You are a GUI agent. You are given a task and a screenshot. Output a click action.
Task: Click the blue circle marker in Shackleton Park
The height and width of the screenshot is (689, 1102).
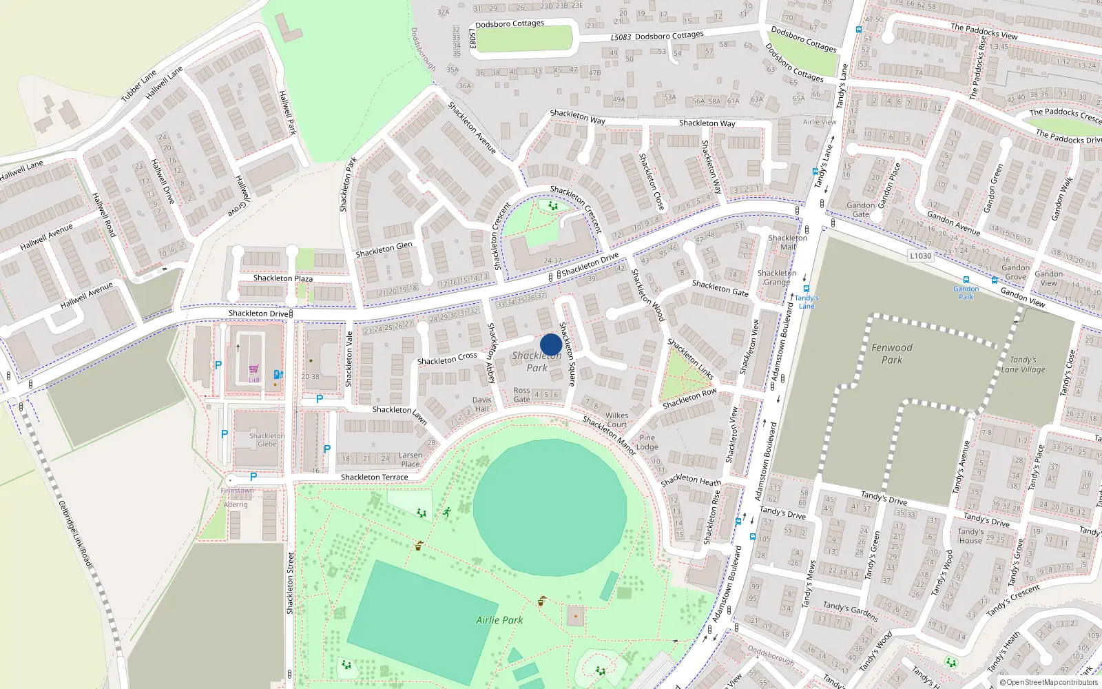[550, 344]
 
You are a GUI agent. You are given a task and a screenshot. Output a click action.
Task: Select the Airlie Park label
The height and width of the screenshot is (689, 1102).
[499, 620]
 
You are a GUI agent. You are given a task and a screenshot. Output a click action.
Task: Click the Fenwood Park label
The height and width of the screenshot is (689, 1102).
[891, 353]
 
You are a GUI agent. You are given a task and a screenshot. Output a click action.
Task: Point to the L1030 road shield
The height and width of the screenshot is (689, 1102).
[920, 256]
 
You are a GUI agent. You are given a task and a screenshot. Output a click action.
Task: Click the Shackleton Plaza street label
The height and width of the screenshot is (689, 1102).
[282, 278]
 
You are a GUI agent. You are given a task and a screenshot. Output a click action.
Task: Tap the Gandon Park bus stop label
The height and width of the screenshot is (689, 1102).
[966, 293]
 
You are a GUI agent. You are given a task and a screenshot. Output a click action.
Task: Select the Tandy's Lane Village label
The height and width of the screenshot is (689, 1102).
[1023, 364]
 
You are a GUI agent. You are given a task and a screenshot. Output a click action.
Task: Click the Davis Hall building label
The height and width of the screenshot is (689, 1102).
[482, 404]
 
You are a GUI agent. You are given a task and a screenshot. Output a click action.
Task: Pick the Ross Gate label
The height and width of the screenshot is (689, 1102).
[522, 395]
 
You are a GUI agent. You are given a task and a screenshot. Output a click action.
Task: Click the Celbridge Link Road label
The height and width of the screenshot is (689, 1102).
[74, 534]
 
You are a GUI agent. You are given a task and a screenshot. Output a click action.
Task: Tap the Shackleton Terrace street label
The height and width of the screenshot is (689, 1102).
[374, 477]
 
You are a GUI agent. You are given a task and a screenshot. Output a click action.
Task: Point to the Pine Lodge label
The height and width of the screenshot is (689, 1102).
[647, 442]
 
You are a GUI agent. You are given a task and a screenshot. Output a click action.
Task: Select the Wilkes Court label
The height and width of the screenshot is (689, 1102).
[616, 420]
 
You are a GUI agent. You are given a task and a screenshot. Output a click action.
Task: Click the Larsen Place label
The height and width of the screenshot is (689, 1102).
[410, 459]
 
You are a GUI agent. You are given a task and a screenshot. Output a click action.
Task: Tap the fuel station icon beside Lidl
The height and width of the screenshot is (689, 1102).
[278, 374]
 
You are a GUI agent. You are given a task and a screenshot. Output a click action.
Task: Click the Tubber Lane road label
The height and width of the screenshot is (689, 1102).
[138, 86]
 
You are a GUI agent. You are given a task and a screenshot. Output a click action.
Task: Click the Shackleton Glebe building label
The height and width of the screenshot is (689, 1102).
[267, 440]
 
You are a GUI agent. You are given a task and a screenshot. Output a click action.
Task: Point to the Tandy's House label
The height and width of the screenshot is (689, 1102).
[970, 536]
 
